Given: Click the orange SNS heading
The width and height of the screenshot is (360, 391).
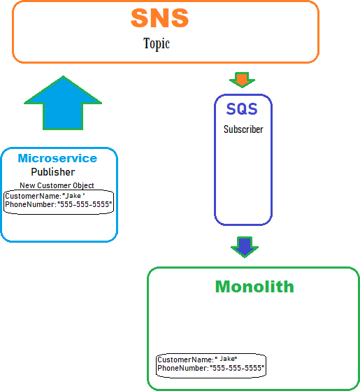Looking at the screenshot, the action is (x=159, y=17).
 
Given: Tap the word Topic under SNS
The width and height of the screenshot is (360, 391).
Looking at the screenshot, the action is (x=157, y=44).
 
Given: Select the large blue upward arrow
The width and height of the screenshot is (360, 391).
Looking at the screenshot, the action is (x=63, y=103).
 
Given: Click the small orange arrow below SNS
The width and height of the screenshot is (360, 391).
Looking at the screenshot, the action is (x=242, y=80).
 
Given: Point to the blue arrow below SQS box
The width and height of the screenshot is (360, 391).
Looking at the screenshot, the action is (x=245, y=247).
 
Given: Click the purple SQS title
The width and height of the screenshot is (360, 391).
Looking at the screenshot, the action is (x=242, y=109).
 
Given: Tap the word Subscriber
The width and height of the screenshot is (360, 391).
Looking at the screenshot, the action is (x=243, y=129).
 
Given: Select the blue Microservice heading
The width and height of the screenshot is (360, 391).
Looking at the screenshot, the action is (x=57, y=158).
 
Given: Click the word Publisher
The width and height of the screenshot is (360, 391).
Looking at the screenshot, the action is (x=53, y=172).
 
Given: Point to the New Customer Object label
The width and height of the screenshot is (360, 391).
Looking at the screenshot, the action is (x=57, y=185).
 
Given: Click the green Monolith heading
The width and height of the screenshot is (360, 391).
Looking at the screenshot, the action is (x=254, y=287).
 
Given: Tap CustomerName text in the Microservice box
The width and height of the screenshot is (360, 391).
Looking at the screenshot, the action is (x=33, y=196).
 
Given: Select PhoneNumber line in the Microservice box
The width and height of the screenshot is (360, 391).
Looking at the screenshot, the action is (x=59, y=204).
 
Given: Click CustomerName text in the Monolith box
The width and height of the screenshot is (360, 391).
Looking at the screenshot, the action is (x=186, y=360).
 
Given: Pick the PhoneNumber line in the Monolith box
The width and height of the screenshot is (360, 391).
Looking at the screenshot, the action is (x=211, y=368).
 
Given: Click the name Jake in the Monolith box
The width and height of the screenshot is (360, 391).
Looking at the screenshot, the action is (x=227, y=359).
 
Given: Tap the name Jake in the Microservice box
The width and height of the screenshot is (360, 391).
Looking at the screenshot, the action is (x=73, y=196).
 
